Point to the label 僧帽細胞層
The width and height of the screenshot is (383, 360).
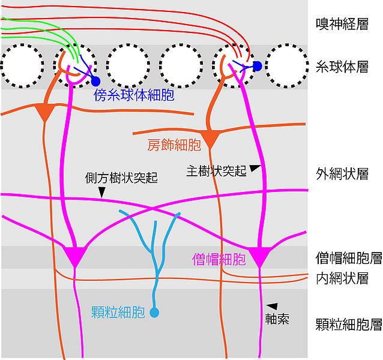coord(349,258)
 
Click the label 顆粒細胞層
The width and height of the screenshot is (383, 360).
coord(349,325)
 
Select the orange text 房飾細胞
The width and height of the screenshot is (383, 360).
coord(173,145)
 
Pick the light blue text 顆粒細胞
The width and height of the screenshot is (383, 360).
coord(118,312)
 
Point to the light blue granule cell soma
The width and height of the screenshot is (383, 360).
coord(154,313)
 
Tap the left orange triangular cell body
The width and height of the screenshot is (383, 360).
coord(44,112)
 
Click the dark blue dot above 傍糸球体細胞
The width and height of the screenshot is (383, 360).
coord(95,82)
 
